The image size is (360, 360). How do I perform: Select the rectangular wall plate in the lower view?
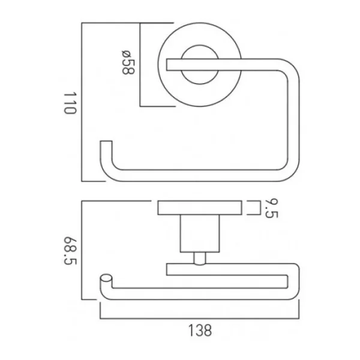[x=199, y=208]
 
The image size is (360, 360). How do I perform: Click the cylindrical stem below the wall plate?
[x=199, y=233]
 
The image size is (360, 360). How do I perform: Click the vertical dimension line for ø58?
[x=140, y=65]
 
